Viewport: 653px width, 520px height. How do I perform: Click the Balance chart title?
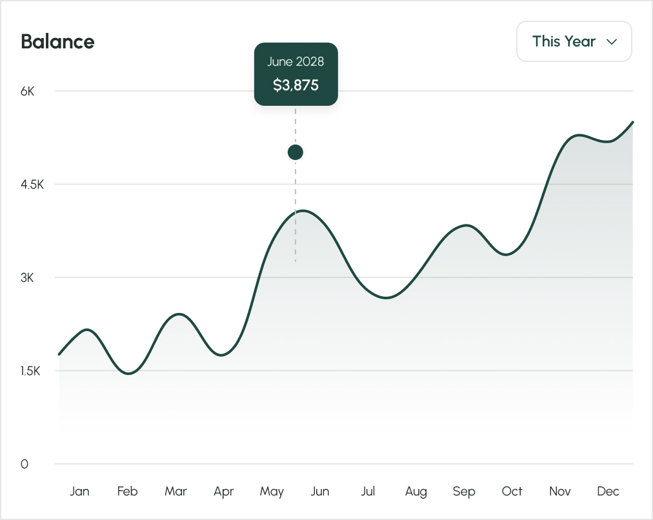point(57,42)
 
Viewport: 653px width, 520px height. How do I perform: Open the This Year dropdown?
point(574,41)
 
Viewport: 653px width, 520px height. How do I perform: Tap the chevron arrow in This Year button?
point(612,42)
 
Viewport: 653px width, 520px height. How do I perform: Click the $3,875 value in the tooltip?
point(296,85)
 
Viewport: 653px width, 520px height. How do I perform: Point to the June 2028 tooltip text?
point(296,62)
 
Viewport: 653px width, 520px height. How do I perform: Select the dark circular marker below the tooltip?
point(296,152)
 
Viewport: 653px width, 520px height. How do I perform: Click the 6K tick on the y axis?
point(27,91)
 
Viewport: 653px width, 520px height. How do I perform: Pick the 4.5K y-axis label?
point(32,185)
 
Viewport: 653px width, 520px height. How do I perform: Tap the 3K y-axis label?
point(27,278)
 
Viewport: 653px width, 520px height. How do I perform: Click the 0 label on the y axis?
point(25,465)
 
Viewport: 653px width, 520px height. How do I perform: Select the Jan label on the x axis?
point(79,492)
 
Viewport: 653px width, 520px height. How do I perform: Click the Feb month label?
point(127,492)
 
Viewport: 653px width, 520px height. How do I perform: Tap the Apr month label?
point(223,492)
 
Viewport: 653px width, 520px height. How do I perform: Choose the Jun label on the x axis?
point(319,492)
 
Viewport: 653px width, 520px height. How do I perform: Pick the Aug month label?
point(416,492)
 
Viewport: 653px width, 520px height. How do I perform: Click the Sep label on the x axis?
point(464,492)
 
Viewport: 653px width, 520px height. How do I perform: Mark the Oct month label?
point(512,492)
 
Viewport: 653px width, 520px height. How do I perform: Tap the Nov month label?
point(560,492)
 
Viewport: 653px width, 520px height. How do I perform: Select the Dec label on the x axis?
point(608,492)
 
